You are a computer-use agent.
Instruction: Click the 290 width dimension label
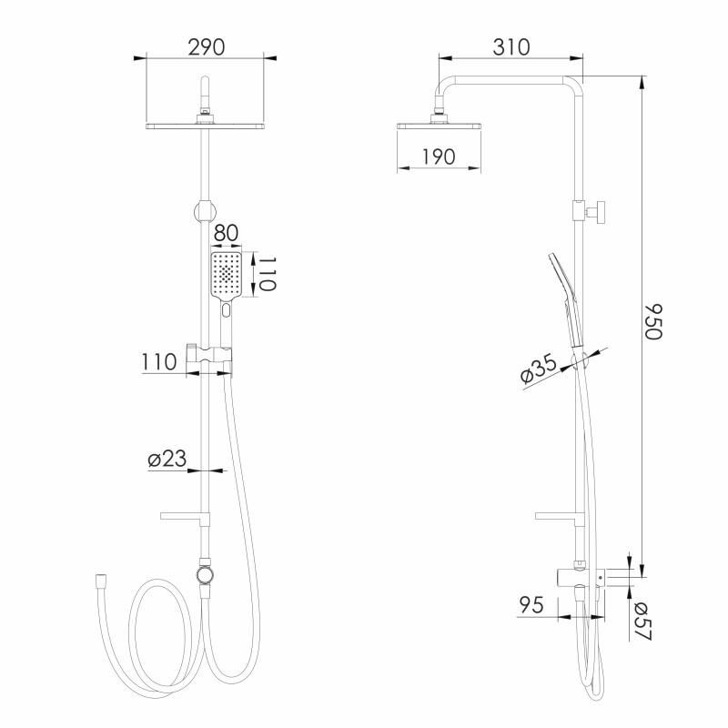(x=207, y=47)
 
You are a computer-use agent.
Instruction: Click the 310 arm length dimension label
(x=511, y=47)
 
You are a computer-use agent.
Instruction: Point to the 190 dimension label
(x=439, y=157)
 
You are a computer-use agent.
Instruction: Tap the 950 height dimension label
(x=652, y=322)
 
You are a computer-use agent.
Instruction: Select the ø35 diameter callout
(x=539, y=369)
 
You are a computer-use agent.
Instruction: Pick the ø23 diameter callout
(x=167, y=459)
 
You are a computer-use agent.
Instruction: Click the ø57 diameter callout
(x=643, y=621)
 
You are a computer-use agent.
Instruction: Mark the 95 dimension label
(x=531, y=605)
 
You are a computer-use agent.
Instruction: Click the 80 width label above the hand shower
(x=226, y=233)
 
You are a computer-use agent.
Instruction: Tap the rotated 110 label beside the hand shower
(x=267, y=274)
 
